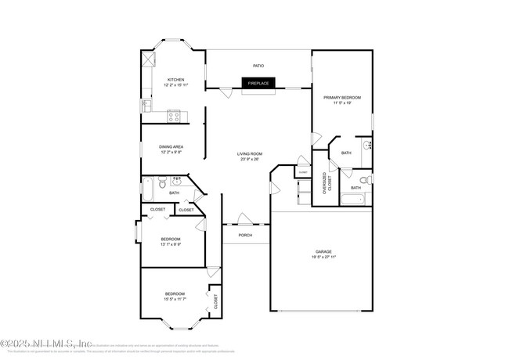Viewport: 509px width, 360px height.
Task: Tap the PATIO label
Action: pyautogui.click(x=258, y=66)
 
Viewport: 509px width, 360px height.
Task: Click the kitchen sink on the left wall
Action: pyautogui.click(x=146, y=104)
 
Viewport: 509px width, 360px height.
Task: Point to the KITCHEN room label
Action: pyautogui.click(x=176, y=79)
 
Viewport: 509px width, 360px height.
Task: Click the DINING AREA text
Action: pyautogui.click(x=171, y=146)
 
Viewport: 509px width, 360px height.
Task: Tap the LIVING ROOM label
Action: pyautogui.click(x=250, y=154)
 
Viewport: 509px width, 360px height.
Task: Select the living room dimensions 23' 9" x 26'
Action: pyautogui.click(x=250, y=160)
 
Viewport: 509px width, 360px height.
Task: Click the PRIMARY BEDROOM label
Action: pyautogui.click(x=342, y=97)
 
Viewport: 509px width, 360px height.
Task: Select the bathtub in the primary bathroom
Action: pyautogui.click(x=345, y=200)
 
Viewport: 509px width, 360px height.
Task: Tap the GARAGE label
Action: pyautogui.click(x=323, y=251)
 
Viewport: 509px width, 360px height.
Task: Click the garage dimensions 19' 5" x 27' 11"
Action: pyautogui.click(x=323, y=257)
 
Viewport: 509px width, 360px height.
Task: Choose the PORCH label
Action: pyautogui.click(x=245, y=234)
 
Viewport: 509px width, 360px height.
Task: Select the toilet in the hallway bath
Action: pyautogui.click(x=161, y=185)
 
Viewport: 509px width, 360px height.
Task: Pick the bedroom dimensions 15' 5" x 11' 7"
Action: pyautogui.click(x=175, y=299)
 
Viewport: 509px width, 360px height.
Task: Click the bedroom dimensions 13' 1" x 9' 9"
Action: pyautogui.click(x=171, y=244)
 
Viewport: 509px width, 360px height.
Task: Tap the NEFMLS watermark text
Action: pyautogui.click(x=47, y=343)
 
